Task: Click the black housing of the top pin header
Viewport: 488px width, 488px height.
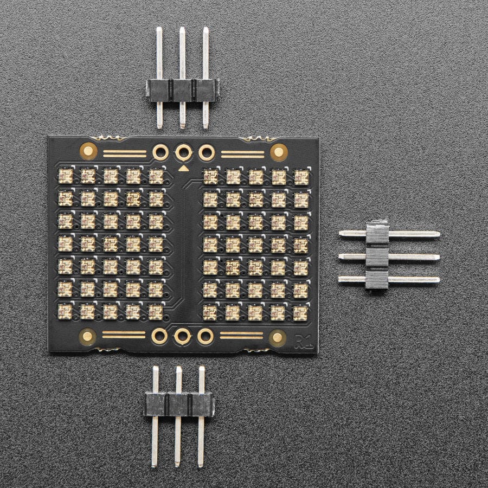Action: (x=182, y=89)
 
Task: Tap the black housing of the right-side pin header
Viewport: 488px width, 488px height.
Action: (x=377, y=256)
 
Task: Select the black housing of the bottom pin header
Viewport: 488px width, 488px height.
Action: (x=178, y=404)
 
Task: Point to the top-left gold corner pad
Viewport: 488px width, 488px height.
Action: (x=88, y=150)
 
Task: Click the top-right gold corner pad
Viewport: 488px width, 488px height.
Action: (x=278, y=151)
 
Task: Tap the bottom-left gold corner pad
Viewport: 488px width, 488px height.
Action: (x=87, y=337)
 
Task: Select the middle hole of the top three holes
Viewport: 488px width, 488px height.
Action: (x=183, y=152)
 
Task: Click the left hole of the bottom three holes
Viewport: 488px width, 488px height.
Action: (x=159, y=336)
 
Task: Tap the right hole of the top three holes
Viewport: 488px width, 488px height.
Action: (x=206, y=152)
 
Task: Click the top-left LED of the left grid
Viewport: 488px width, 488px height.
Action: (x=66, y=176)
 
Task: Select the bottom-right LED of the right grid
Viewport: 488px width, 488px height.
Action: (x=300, y=312)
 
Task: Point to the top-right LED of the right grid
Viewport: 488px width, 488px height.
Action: (x=301, y=177)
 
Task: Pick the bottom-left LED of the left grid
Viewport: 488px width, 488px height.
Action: (x=65, y=311)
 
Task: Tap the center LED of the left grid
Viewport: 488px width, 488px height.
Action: (x=111, y=243)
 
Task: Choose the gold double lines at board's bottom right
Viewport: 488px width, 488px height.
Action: (x=241, y=335)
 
